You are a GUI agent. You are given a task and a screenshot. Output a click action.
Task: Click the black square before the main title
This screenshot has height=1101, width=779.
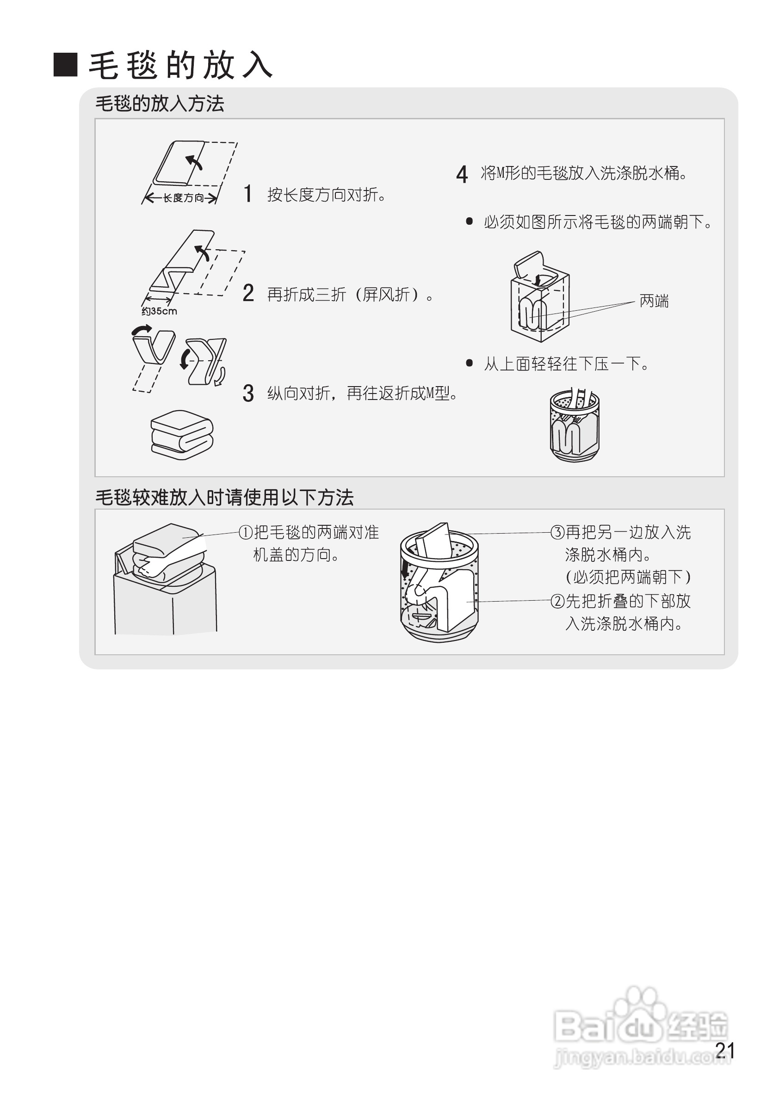(x=65, y=65)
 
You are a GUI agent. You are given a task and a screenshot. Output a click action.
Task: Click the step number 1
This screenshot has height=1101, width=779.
(x=247, y=194)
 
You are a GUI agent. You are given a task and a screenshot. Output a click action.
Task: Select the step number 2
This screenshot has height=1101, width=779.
(x=248, y=293)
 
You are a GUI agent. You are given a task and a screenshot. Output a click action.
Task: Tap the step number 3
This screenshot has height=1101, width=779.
(x=248, y=393)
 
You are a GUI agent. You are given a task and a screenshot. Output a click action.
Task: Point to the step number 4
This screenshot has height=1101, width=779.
(x=462, y=174)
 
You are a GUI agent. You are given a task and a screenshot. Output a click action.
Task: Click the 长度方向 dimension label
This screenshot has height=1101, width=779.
(x=183, y=197)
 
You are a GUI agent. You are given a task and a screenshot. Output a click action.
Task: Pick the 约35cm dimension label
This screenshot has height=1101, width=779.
(x=159, y=311)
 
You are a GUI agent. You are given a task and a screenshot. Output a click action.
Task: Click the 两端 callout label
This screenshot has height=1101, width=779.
(x=654, y=301)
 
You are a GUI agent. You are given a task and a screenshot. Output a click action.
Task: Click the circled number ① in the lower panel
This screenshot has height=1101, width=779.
(x=246, y=532)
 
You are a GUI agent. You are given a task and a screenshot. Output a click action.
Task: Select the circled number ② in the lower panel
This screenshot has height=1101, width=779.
(x=557, y=601)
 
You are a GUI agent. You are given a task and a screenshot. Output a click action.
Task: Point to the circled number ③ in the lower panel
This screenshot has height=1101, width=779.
(x=557, y=532)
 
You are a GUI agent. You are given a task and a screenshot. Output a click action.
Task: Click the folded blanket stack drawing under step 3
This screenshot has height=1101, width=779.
(x=182, y=435)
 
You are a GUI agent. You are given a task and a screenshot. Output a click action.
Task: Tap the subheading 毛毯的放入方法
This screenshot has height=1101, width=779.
(x=160, y=104)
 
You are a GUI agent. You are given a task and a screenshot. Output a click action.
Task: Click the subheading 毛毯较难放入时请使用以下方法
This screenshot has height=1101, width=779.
(x=224, y=497)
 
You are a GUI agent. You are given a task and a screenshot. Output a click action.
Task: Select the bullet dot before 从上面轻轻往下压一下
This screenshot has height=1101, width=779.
(x=470, y=363)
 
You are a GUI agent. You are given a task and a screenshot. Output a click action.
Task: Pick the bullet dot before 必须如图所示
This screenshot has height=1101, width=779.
(x=470, y=221)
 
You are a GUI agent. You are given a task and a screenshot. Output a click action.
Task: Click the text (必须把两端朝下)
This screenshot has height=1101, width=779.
(x=628, y=577)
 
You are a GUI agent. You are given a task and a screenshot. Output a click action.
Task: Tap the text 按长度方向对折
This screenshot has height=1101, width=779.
(x=327, y=195)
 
